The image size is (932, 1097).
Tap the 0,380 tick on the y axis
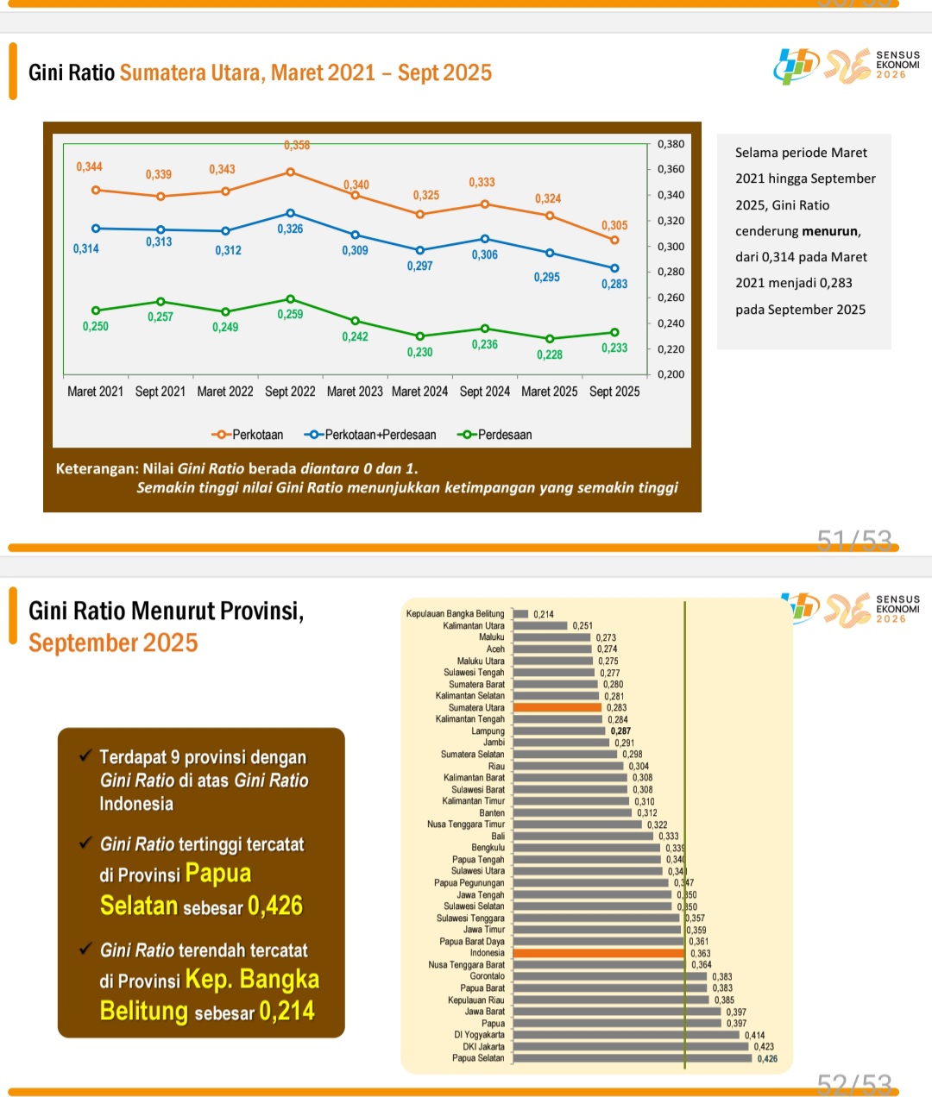[671, 144]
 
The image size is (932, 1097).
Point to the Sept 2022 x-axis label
[290, 392]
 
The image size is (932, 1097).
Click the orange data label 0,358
[297, 145]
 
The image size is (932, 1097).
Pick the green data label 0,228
[550, 354]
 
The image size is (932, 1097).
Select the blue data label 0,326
[290, 229]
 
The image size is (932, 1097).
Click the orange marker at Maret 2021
[96, 190]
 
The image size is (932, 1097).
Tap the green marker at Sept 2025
[614, 332]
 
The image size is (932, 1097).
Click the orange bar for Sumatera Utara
[557, 707]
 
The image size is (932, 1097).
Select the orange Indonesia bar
[599, 953]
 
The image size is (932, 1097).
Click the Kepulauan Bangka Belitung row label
[455, 614]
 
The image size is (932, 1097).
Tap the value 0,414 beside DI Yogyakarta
[754, 1035]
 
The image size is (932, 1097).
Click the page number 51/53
[853, 541]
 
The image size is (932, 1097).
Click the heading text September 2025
[113, 643]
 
